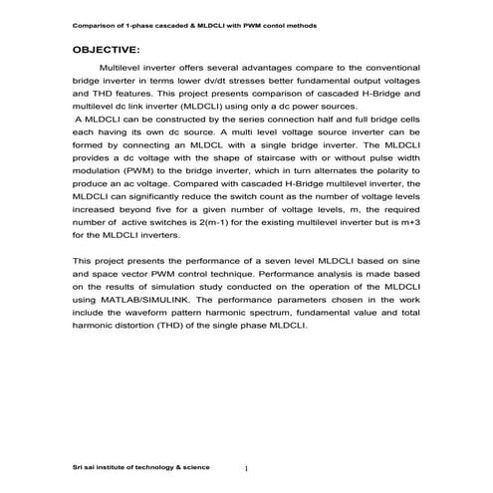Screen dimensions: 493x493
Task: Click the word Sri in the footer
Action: coord(80,466)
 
